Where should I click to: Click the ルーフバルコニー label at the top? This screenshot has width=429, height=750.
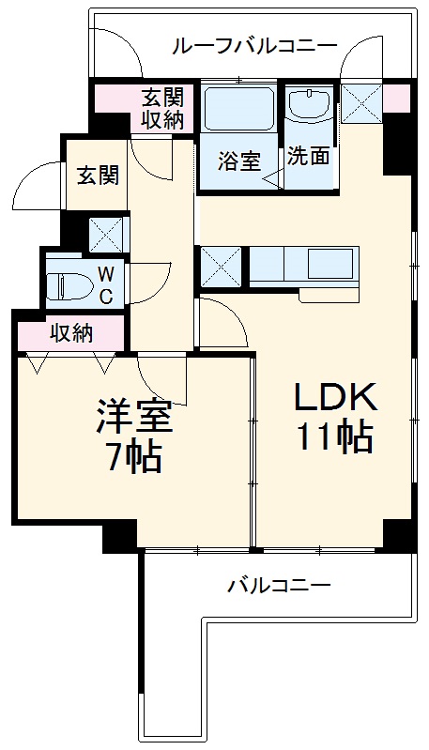[x=254, y=44]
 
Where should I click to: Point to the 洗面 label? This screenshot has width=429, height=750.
[x=308, y=156]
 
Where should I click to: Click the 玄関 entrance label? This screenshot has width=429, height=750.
[x=97, y=176]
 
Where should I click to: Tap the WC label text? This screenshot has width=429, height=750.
[x=106, y=285]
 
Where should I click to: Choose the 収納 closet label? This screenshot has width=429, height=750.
[x=70, y=332]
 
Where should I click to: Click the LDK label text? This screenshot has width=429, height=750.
[x=335, y=398]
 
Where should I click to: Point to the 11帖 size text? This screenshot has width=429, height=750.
[x=335, y=437]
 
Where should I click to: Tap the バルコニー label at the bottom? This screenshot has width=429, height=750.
[x=279, y=587]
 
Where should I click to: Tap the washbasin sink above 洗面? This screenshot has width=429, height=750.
[x=308, y=106]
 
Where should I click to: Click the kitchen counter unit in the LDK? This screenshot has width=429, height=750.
[x=305, y=268]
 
